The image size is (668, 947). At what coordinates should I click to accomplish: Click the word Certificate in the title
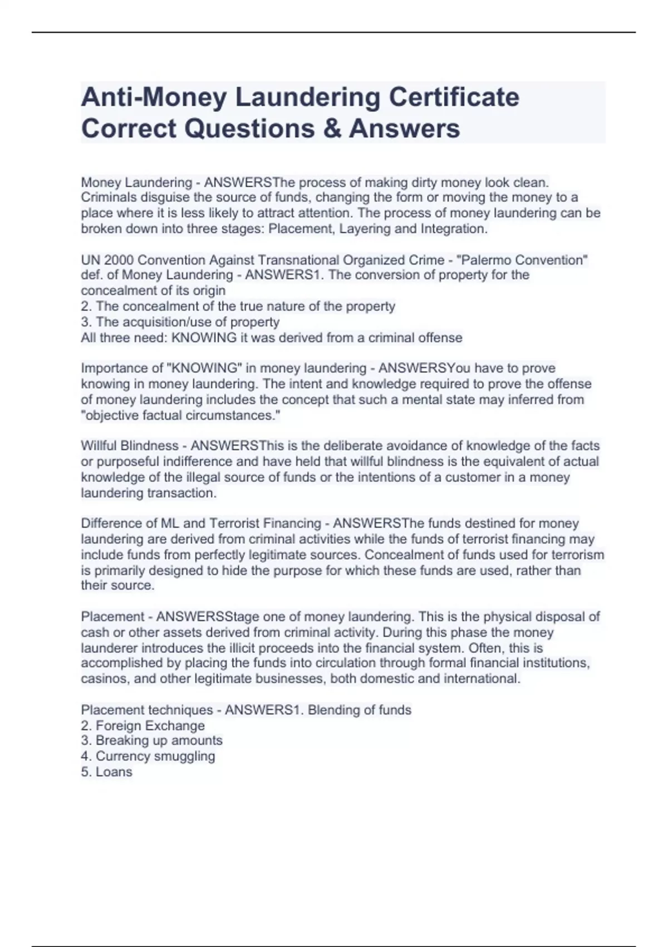[454, 97]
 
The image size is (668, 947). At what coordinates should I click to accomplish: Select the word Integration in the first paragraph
[454, 229]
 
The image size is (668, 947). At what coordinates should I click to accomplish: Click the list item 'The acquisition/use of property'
[187, 322]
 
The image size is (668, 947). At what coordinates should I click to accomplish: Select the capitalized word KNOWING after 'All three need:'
[197, 338]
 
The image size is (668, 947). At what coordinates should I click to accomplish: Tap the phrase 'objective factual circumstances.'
[180, 416]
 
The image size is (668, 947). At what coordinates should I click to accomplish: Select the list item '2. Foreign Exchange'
[143, 726]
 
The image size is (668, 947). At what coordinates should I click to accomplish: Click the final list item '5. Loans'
[106, 772]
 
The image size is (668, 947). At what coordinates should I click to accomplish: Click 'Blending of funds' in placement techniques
[359, 710]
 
